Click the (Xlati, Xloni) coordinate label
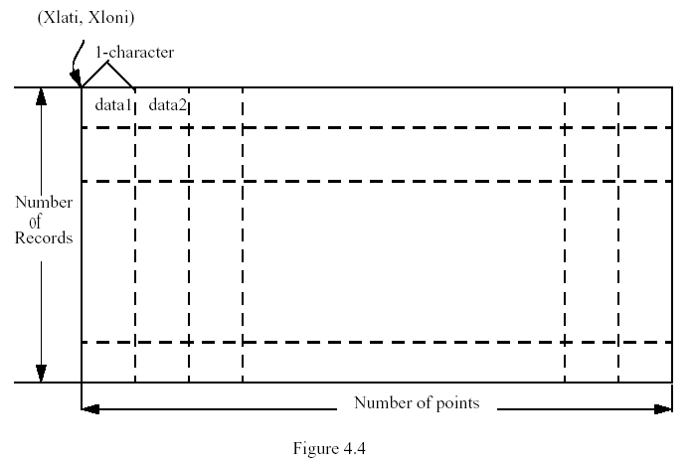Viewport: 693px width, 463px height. pyautogui.click(x=86, y=18)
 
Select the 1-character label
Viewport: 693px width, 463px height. pyautogui.click(x=135, y=52)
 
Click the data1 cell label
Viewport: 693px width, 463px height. pyautogui.click(x=113, y=105)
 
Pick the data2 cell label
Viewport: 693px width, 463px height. pyautogui.click(x=167, y=105)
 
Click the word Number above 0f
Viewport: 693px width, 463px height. pyautogui.click(x=44, y=202)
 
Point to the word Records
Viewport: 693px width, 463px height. pyautogui.click(x=44, y=237)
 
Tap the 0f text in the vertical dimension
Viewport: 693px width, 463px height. pyautogui.click(x=35, y=222)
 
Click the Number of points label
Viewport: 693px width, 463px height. pyautogui.click(x=417, y=403)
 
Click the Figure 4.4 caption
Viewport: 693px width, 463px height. pyautogui.click(x=329, y=448)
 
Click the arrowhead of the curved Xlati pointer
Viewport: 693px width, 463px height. pyautogui.click(x=76, y=78)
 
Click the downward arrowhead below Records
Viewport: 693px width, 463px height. pyautogui.click(x=41, y=374)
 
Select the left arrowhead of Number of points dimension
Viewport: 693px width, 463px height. pyautogui.click(x=90, y=409)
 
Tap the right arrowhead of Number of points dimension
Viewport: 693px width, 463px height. pyautogui.click(x=663, y=409)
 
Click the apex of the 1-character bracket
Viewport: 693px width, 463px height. pyautogui.click(x=106, y=63)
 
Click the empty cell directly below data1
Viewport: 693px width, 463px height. pyautogui.click(x=108, y=154)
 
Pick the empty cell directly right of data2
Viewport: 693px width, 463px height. pyautogui.click(x=216, y=107)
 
